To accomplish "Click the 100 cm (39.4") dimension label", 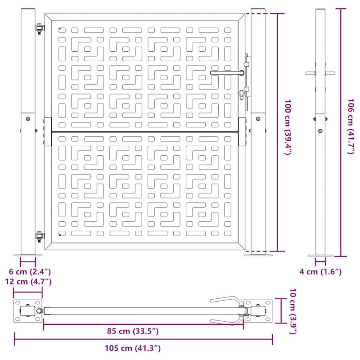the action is tap(288, 127).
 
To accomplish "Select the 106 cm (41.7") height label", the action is tap(351, 126).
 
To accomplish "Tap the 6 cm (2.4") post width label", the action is tap(30, 272).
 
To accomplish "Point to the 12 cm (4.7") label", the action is tap(28, 282).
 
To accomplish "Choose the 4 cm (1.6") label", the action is tap(320, 272).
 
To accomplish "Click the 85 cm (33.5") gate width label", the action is tap(133, 331).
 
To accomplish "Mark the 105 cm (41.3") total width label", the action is tap(133, 348).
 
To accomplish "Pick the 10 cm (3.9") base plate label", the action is tap(293, 311).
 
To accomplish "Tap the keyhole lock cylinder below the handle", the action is tap(242, 94).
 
